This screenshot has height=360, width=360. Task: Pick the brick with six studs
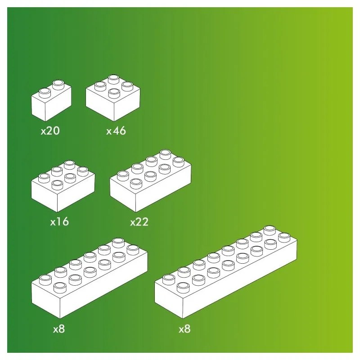[63, 187]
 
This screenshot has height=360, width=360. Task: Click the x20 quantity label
[50, 131]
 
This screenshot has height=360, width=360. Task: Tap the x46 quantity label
[116, 131]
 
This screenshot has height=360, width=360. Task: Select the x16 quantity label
[59, 222]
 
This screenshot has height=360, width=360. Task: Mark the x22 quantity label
[139, 222]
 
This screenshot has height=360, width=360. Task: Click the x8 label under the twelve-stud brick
[59, 329]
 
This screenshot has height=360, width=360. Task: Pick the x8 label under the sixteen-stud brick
[184, 329]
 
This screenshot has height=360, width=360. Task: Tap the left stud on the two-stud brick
[45, 92]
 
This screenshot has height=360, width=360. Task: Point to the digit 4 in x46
[116, 131]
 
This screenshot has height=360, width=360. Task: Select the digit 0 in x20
[56, 131]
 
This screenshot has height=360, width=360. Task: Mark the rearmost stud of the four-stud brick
[113, 78]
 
